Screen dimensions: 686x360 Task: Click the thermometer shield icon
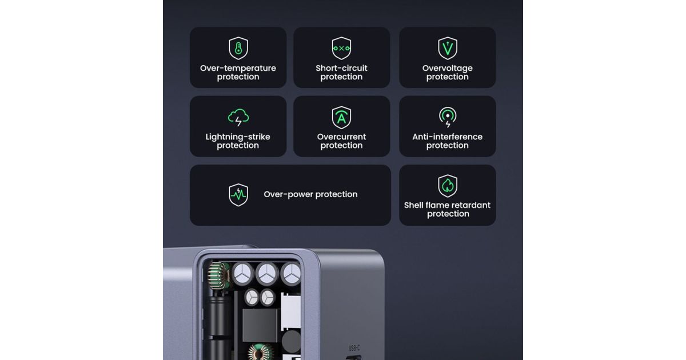238,49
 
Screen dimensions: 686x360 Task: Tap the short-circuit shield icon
341,49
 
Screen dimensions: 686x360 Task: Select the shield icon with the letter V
448,49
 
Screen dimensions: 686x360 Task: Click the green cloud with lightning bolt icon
238,117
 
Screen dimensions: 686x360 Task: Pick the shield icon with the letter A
341,117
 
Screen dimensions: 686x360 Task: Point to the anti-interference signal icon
448,117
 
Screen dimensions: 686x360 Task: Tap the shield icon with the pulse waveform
238,195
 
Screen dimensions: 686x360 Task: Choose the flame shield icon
448,186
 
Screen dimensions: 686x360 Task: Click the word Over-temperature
238,68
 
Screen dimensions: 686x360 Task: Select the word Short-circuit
341,68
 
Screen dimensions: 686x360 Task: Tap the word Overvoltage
448,69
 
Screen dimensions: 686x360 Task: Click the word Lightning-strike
238,137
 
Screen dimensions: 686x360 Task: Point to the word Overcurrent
341,137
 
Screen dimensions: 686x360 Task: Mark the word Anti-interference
448,137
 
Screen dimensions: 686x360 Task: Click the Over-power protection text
310,194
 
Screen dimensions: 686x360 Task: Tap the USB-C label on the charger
354,348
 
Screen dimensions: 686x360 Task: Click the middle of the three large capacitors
267,274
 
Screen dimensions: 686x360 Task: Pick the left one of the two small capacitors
252,297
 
